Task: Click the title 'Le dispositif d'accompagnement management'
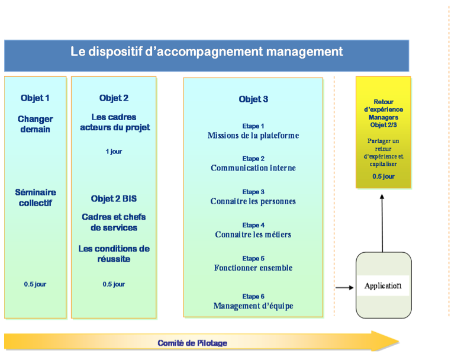tap(207, 52)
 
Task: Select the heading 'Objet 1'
tap(35, 98)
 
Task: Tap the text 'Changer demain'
tap(36, 124)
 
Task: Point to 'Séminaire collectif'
tap(36, 198)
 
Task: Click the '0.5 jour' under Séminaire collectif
tap(36, 284)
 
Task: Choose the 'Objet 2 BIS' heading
tap(114, 199)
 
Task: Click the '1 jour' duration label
tap(114, 152)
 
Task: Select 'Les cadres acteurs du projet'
tap(115, 122)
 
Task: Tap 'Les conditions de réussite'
tap(114, 254)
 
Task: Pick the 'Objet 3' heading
tap(253, 99)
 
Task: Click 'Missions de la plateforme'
tap(253, 136)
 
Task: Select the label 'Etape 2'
tap(253, 159)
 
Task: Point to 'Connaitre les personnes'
tap(253, 201)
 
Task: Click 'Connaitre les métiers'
tap(253, 234)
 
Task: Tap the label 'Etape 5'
tap(253, 259)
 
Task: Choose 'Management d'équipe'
tap(253, 306)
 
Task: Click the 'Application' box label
tap(383, 286)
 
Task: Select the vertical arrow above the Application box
tap(382, 223)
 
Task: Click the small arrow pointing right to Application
tap(344, 288)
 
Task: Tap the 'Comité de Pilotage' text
tap(192, 343)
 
